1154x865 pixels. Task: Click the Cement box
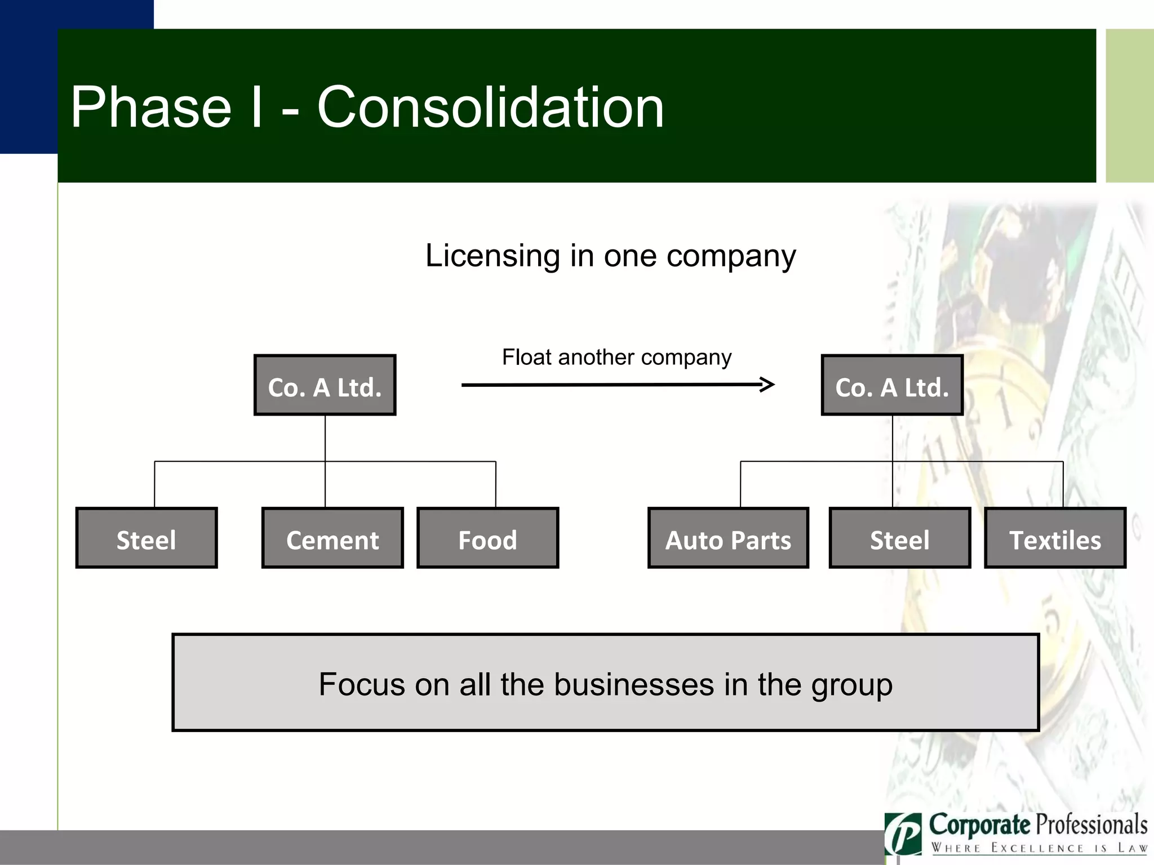coord(332,538)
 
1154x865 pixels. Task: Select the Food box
coord(487,538)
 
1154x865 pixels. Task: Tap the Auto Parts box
coord(728,538)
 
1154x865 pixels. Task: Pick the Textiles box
coord(1055,538)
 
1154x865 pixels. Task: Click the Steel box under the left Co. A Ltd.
coord(147,538)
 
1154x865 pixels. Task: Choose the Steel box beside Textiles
coord(899,538)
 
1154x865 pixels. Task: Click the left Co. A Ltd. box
coord(325,386)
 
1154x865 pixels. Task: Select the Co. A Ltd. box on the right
coord(892,386)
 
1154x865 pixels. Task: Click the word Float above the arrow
coord(526,357)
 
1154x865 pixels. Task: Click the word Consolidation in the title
coord(490,107)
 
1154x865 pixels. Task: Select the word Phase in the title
coord(151,107)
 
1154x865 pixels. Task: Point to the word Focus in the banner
coord(362,685)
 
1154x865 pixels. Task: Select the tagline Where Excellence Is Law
coord(1039,848)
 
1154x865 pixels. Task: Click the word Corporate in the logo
coord(980,825)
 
